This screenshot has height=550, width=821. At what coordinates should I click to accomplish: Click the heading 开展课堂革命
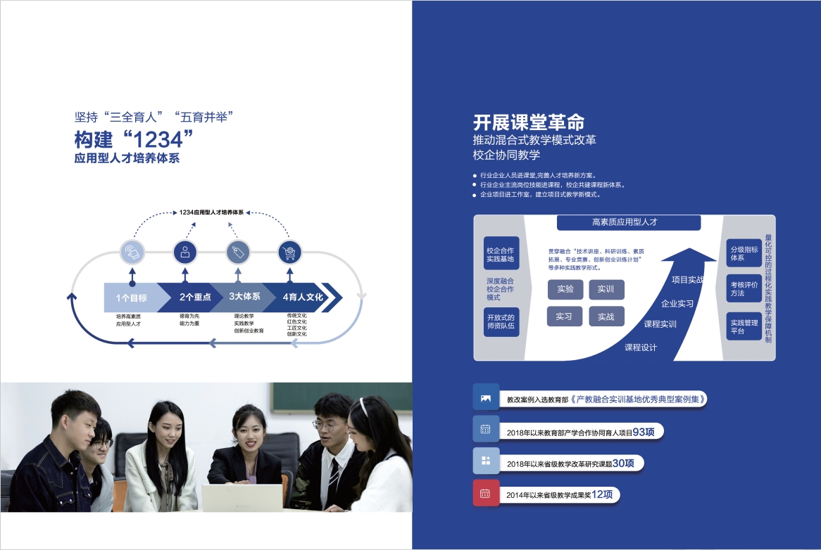coord(529,121)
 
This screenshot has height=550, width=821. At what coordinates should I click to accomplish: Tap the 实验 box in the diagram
coord(565,289)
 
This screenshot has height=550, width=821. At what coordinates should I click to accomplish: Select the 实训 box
coord(606,289)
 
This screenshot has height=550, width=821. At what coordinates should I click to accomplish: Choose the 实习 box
coord(565,316)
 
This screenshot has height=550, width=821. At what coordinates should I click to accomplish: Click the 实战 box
coord(606,316)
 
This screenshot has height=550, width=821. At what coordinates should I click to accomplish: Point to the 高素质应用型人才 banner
coord(629,222)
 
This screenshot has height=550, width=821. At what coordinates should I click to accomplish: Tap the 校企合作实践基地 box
coord(501,255)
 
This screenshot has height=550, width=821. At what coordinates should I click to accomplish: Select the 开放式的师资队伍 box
coord(501,321)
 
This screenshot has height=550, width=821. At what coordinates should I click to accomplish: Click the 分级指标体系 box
coord(744,253)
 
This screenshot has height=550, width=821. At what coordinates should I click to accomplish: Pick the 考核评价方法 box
coord(744,288)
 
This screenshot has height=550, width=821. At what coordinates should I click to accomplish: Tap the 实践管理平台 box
coord(744,326)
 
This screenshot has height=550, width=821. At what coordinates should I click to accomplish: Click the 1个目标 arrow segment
coord(132,298)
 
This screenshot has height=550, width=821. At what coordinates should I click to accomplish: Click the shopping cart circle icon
coord(290,251)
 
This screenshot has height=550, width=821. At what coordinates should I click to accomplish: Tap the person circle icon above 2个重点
coord(184,251)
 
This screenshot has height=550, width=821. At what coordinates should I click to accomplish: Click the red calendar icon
coord(485,493)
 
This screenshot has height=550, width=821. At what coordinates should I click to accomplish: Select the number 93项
coord(644,432)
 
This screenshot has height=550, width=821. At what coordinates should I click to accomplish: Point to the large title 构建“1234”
coord(134,139)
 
